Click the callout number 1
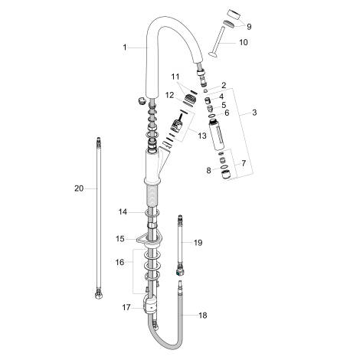[x=124, y=48]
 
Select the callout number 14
[x=124, y=211]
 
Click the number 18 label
[x=202, y=315]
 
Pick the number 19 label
[x=198, y=243]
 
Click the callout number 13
[x=201, y=136]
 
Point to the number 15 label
[x=120, y=239]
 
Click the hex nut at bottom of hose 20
[x=98, y=293]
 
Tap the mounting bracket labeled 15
[x=146, y=243]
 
